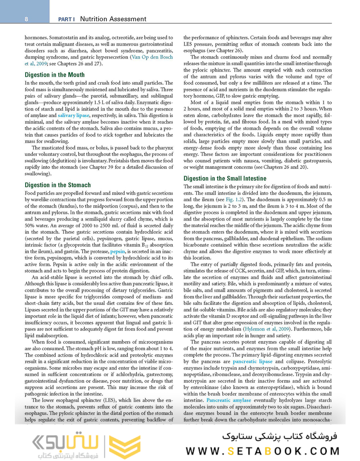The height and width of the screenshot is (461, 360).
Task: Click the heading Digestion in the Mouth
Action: pos(54,75)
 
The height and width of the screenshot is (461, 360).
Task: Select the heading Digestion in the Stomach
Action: pos(58,185)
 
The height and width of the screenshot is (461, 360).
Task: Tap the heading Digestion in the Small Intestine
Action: pos(225,179)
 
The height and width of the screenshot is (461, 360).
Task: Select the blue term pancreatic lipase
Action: pos(253,362)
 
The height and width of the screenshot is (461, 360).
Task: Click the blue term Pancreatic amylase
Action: pos(229,400)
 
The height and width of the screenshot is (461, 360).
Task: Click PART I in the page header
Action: pos(66,19)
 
